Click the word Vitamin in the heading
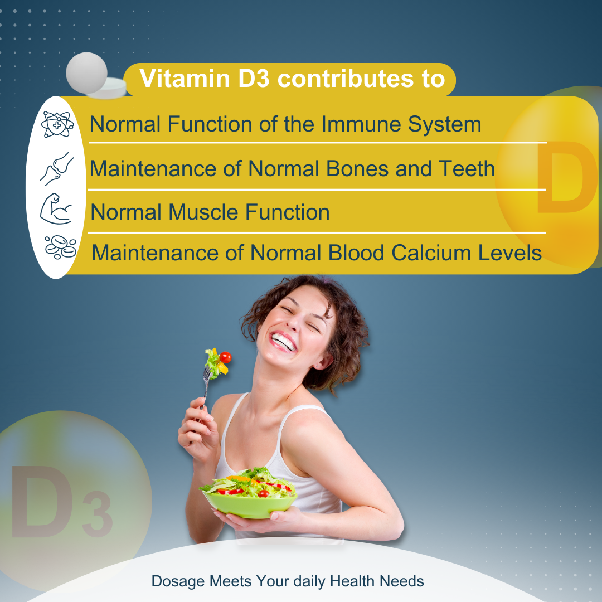183,79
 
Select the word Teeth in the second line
464,168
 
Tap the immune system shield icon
57,124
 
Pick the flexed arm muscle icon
56,208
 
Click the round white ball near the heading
86,72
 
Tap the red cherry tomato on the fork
225,357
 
